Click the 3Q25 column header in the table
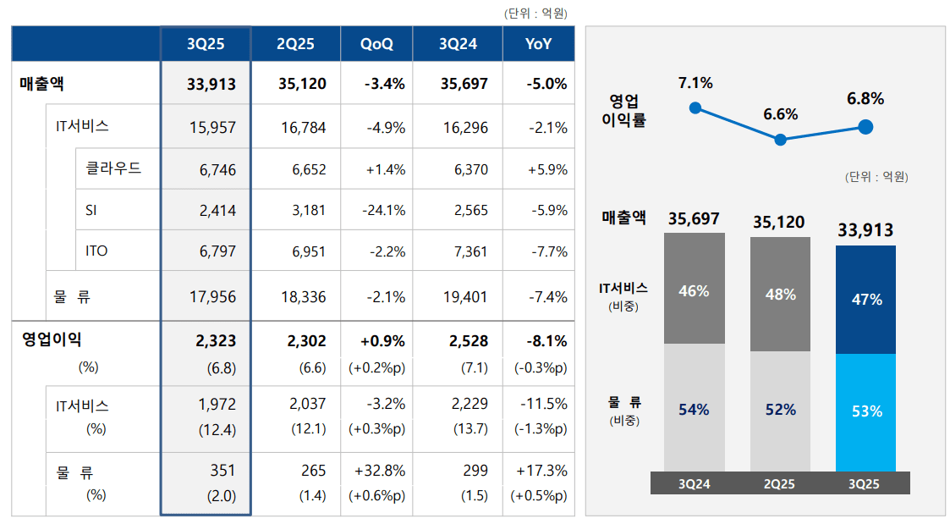pyautogui.click(x=206, y=44)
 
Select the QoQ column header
pyautogui.click(x=376, y=44)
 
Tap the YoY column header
pyautogui.click(x=538, y=44)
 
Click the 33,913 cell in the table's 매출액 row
pyautogui.click(x=211, y=85)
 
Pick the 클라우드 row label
pyautogui.click(x=113, y=168)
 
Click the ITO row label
pyautogui.click(x=96, y=251)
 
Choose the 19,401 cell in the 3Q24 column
pyautogui.click(x=464, y=297)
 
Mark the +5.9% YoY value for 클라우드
pyautogui.click(x=547, y=169)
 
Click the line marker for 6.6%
pyautogui.click(x=781, y=140)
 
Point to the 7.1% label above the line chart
pyautogui.click(x=695, y=83)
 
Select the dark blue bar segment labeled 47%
pyautogui.click(x=865, y=300)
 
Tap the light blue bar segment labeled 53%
pyautogui.click(x=865, y=411)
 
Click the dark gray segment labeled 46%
pyautogui.click(x=695, y=290)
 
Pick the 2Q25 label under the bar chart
pyautogui.click(x=780, y=484)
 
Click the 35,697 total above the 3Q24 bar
pyautogui.click(x=694, y=219)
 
